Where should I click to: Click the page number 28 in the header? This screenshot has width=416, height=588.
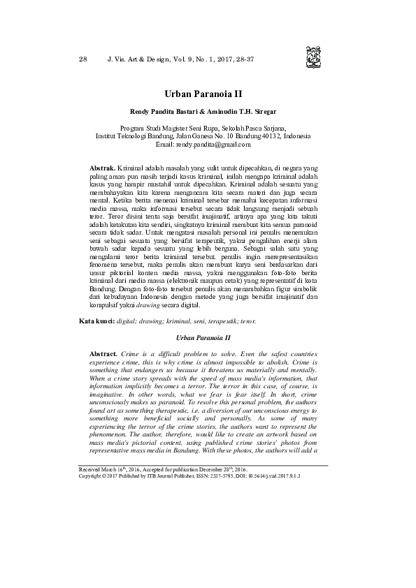[x=83, y=59]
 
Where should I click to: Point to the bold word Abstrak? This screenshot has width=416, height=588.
[x=103, y=170]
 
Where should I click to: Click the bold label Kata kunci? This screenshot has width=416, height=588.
[x=95, y=321]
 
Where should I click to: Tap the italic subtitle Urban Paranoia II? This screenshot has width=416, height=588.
[x=208, y=337]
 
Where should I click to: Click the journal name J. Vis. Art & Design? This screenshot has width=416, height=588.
[x=142, y=59]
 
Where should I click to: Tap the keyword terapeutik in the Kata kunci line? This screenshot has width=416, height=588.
[x=207, y=321]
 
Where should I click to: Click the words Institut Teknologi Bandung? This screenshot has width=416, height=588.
[x=129, y=136]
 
